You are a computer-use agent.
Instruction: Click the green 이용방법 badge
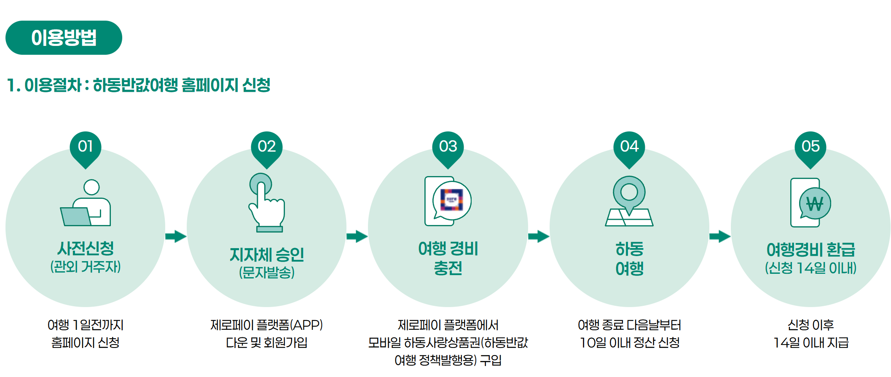(x=64, y=37)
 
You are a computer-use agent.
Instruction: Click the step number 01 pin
(x=86, y=147)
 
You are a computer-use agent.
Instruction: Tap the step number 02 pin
(x=267, y=147)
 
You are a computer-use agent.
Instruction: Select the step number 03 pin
(x=448, y=147)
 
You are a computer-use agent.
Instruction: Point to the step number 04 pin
(x=629, y=147)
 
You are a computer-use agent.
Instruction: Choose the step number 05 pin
(x=810, y=147)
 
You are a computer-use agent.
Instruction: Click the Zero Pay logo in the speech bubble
(x=451, y=200)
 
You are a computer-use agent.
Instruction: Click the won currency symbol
(x=815, y=204)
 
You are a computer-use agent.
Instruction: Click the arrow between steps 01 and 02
(x=176, y=236)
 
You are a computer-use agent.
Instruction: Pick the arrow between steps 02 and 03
(x=357, y=236)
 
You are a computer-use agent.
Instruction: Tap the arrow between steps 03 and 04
(x=538, y=236)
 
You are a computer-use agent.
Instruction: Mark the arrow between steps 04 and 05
(x=719, y=236)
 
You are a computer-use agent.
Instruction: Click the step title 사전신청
(x=86, y=248)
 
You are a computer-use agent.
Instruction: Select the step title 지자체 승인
(x=267, y=254)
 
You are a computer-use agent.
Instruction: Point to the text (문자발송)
(x=267, y=273)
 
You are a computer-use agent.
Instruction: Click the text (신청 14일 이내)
(x=810, y=268)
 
